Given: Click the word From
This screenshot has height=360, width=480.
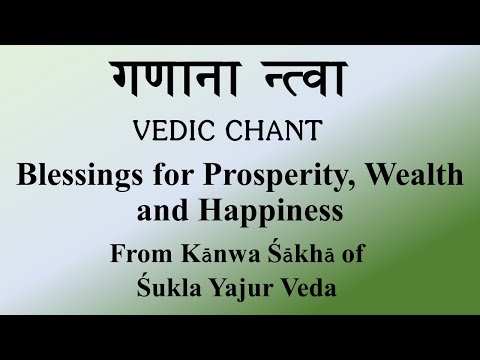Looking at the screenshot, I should click(x=136, y=252).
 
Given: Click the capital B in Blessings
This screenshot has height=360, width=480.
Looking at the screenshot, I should click(x=26, y=176).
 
